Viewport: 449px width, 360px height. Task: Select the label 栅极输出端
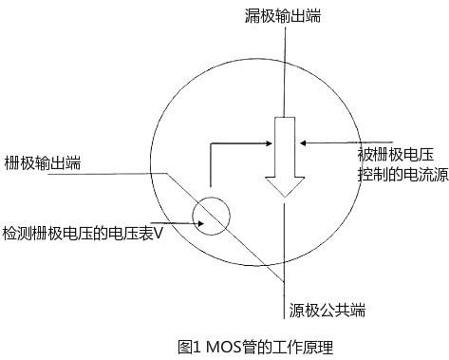click(x=42, y=162)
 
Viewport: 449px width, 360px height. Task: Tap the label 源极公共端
click(x=327, y=310)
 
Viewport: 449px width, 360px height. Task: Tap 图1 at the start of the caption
click(x=190, y=347)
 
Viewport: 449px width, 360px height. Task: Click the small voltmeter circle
click(x=212, y=215)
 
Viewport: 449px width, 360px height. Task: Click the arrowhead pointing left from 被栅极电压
click(x=303, y=143)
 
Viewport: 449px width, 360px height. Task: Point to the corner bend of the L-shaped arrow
click(x=212, y=144)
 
